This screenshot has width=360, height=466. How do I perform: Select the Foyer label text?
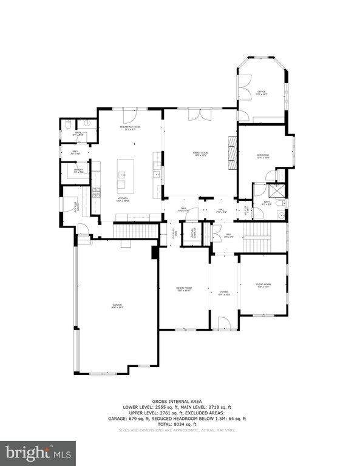(x=224, y=295)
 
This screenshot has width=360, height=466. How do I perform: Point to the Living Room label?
(x=263, y=285)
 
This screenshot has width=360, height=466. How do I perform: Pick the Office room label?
(x=262, y=93)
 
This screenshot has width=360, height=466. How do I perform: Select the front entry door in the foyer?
(x=224, y=323)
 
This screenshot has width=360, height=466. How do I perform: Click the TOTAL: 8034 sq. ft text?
(x=180, y=424)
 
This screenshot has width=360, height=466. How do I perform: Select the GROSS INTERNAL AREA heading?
(x=180, y=402)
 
